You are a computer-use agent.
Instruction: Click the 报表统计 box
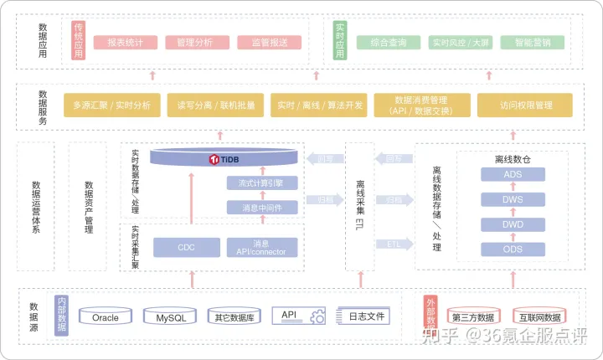click(x=124, y=42)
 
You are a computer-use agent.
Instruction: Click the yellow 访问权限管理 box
click(x=525, y=105)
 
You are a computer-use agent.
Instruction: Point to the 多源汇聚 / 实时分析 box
click(x=111, y=105)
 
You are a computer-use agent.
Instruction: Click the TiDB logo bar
click(x=224, y=157)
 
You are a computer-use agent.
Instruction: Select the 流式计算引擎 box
click(x=262, y=183)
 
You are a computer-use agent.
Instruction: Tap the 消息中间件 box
click(x=262, y=208)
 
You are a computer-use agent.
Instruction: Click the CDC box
click(x=186, y=248)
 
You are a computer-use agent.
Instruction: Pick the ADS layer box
click(x=513, y=174)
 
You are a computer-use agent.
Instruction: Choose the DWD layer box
click(x=513, y=224)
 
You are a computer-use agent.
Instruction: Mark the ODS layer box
click(x=513, y=249)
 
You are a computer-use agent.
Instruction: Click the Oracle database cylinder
click(x=106, y=317)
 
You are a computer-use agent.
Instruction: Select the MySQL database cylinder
click(x=170, y=317)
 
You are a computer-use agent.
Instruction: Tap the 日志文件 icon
click(x=362, y=316)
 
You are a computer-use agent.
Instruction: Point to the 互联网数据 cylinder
click(x=539, y=317)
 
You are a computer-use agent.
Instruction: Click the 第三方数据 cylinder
click(x=472, y=317)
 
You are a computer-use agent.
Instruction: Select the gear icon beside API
click(x=317, y=317)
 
